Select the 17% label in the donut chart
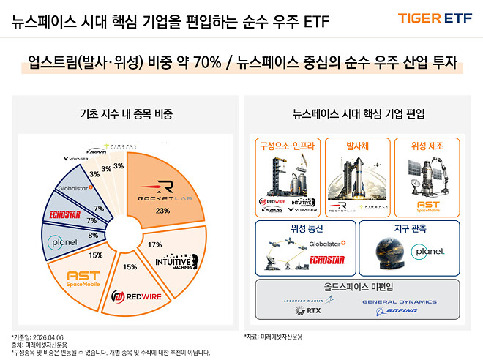(x=154, y=244)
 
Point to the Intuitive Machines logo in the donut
(x=173, y=261)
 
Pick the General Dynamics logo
(x=400, y=301)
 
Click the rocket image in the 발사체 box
(x=356, y=176)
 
